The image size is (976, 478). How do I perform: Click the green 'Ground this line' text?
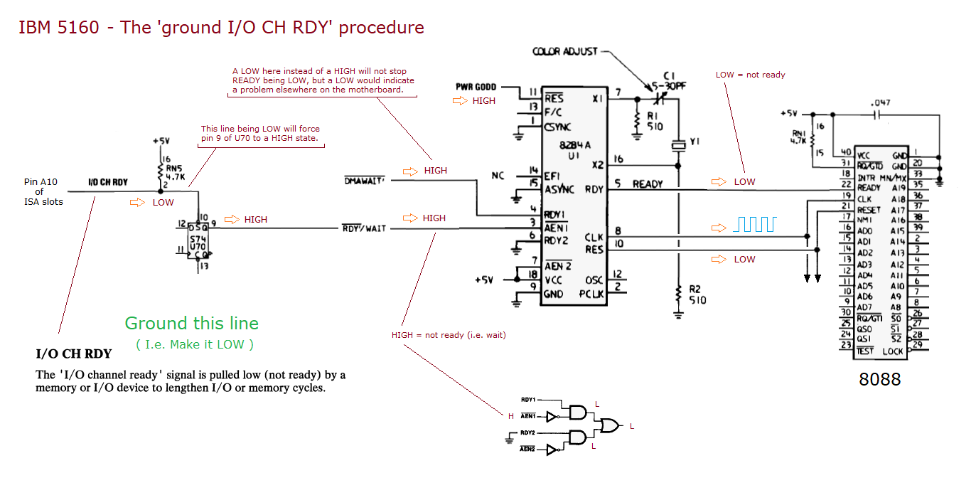point(192,324)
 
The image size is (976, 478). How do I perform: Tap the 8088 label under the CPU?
point(880,379)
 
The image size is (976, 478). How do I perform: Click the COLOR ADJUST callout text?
point(565,52)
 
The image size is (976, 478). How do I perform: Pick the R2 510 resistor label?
point(697,294)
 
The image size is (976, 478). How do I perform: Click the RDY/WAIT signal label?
point(364,228)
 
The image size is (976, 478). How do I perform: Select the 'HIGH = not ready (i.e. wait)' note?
point(449,334)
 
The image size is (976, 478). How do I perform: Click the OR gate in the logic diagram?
point(609,425)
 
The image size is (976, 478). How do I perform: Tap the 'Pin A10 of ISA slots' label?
point(43,191)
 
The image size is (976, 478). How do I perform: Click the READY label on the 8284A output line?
point(647,184)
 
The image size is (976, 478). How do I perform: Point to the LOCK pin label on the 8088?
point(892,351)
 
